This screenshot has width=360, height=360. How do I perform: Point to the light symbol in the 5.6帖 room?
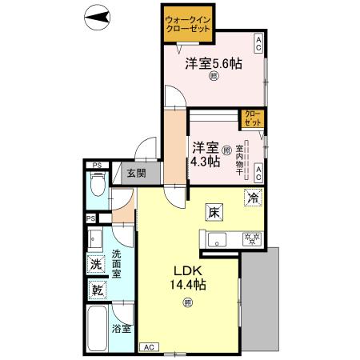tap(214, 77)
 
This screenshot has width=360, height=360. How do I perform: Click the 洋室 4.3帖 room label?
tap(206, 154)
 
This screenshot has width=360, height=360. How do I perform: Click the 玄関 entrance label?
tap(134, 174)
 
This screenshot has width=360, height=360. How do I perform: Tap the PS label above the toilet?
tap(98, 166)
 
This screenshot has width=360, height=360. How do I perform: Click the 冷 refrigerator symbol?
tap(253, 198)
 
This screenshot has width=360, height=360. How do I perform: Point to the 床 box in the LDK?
tap(214, 213)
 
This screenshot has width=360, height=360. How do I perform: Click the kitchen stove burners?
tap(252, 237)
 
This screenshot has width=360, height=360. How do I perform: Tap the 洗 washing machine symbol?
tap(96, 264)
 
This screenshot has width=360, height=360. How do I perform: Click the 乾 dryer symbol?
tap(96, 291)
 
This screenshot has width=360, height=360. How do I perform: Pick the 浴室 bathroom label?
tap(122, 329)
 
